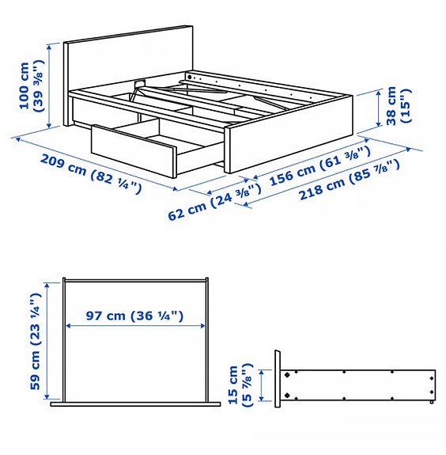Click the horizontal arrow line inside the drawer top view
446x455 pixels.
pos(134,325)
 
